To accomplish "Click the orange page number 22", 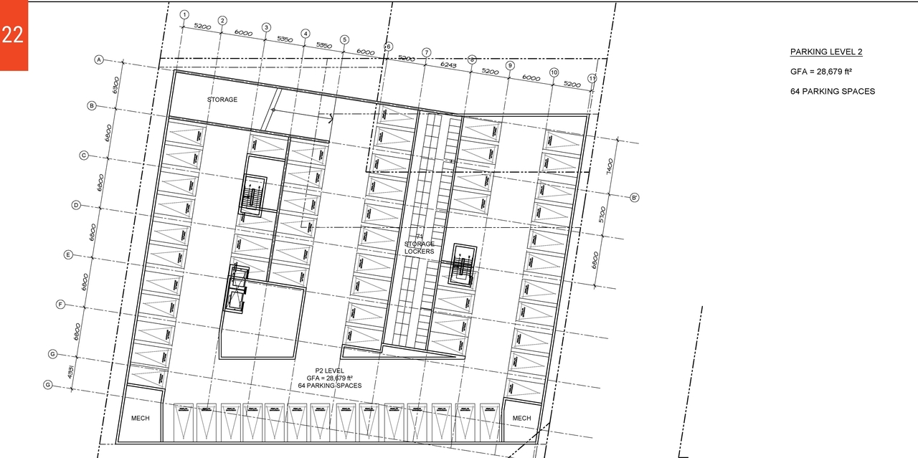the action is click(x=13, y=34).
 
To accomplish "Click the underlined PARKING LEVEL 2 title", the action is click(x=826, y=52).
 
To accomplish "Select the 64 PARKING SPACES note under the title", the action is click(x=832, y=91).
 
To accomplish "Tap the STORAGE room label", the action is click(x=222, y=100).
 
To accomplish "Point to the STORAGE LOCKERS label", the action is click(x=420, y=247).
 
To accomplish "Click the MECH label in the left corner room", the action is click(x=141, y=418).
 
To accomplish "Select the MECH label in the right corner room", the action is click(x=521, y=418).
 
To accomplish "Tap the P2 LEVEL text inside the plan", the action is click(x=330, y=371).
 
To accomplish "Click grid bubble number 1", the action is click(x=184, y=14).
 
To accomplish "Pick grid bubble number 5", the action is click(x=344, y=40).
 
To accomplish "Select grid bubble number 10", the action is click(x=554, y=72).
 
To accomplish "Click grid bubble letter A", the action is click(x=100, y=59).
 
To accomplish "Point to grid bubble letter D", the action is click(x=76, y=205).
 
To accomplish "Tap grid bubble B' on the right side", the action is click(x=635, y=197).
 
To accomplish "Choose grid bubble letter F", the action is click(x=61, y=305).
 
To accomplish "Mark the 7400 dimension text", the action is click(x=610, y=168).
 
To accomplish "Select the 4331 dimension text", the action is click(x=71, y=373).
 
